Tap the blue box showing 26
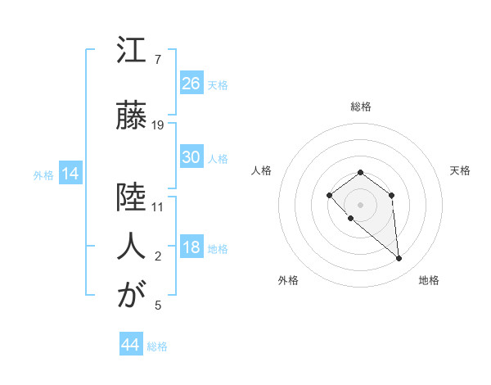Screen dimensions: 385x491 (191, 83)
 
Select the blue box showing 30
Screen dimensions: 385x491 (191, 157)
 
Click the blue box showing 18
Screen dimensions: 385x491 (191, 247)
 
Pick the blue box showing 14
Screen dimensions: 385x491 (70, 174)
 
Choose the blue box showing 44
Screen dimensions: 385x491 (130, 345)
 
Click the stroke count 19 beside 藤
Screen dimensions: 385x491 (158, 125)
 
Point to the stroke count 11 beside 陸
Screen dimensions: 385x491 (158, 206)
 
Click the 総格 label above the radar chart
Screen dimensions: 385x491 (360, 106)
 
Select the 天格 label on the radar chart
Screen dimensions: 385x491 (461, 170)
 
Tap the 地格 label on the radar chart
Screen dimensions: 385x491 (429, 280)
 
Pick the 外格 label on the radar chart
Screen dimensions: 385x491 (288, 280)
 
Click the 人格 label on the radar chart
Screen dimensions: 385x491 (261, 170)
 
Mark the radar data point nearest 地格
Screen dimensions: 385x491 (399, 259)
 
